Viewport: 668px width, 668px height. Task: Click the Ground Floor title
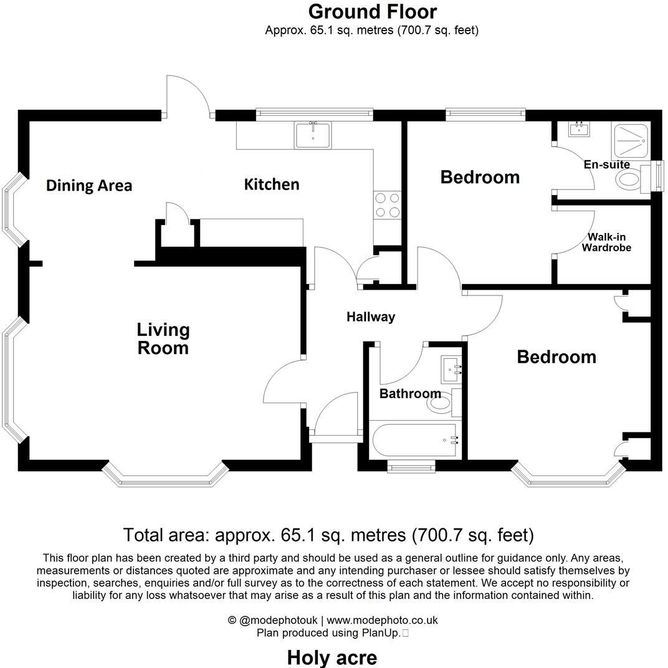tap(372, 11)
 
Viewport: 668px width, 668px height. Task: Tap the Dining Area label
tap(89, 185)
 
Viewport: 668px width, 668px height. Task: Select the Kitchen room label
tap(271, 184)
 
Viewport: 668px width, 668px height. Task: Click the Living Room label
tap(163, 338)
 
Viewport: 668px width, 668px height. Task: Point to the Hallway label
tap(371, 317)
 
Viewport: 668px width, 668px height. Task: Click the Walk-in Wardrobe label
tap(606, 242)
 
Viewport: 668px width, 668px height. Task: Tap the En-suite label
tap(606, 165)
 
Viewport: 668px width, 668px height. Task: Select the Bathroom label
tap(410, 393)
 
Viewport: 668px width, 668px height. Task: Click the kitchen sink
tap(313, 135)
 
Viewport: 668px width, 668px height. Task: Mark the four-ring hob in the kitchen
tap(387, 205)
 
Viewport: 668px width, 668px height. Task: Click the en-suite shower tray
tap(631, 141)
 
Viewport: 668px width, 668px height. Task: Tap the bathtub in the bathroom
tap(414, 440)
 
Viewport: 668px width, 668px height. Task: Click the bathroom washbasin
tap(451, 370)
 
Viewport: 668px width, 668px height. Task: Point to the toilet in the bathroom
tap(443, 404)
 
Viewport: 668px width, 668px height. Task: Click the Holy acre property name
tap(332, 657)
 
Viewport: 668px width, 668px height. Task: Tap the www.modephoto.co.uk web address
tap(382, 620)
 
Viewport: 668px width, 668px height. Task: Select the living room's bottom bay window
tap(163, 477)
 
